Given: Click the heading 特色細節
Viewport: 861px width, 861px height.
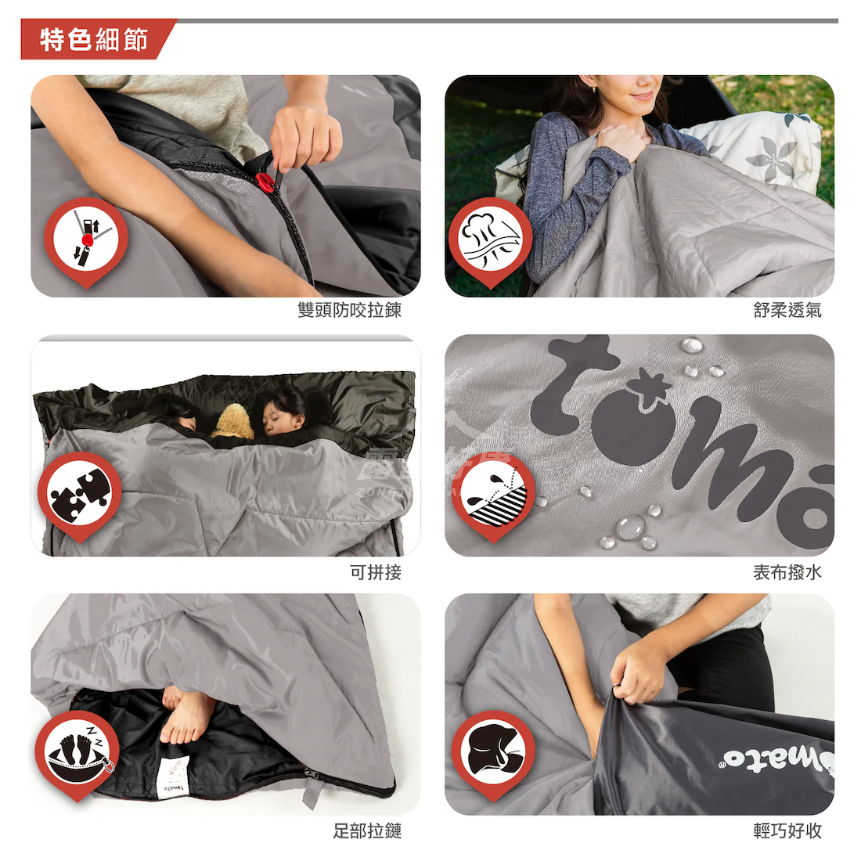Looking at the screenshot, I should click(94, 39).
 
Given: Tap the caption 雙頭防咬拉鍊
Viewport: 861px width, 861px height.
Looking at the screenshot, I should click(349, 311).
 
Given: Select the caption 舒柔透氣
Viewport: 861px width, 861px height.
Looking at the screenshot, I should click(787, 311).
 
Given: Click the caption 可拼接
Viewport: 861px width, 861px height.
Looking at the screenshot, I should click(376, 572).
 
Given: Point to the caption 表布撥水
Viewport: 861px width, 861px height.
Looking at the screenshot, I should click(787, 572).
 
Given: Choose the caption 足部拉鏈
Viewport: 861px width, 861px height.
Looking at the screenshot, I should click(367, 831).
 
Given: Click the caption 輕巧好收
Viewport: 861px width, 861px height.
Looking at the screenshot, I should click(787, 831).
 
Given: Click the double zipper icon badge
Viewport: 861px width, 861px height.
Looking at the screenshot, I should click(85, 239).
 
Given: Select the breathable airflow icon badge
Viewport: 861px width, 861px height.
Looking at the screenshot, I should click(490, 238).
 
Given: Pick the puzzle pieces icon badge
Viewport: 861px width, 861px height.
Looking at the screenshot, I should click(79, 494).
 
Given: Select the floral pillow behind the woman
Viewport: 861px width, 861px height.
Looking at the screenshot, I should click(767, 149).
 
